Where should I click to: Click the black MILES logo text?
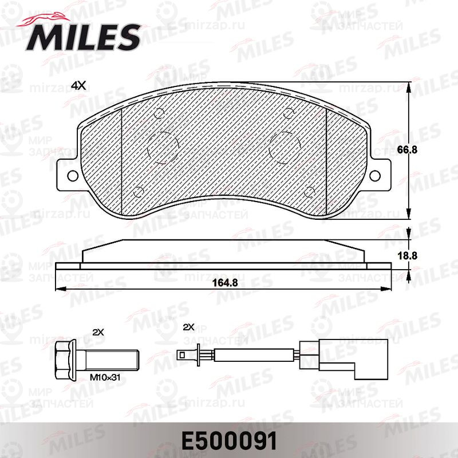coord(83,37)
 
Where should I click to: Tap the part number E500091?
coord(229,441)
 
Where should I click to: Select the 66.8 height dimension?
coord(408,150)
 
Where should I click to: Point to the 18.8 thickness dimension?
coord(408,256)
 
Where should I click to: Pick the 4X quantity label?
coord(78,85)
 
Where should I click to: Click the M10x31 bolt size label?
coord(105,377)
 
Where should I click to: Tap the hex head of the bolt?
coord(65,360)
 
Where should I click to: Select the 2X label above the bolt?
coord(98,332)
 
